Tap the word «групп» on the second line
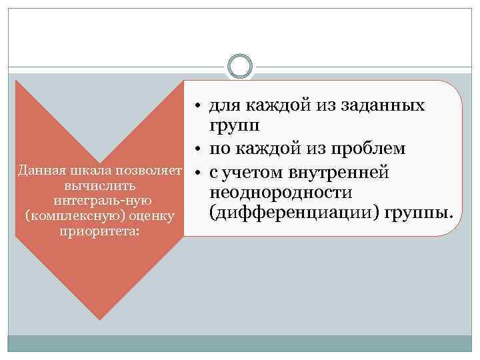[233, 127]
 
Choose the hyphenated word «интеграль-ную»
[97, 200]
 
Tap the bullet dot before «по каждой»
[198, 150]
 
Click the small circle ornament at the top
[239, 67]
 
